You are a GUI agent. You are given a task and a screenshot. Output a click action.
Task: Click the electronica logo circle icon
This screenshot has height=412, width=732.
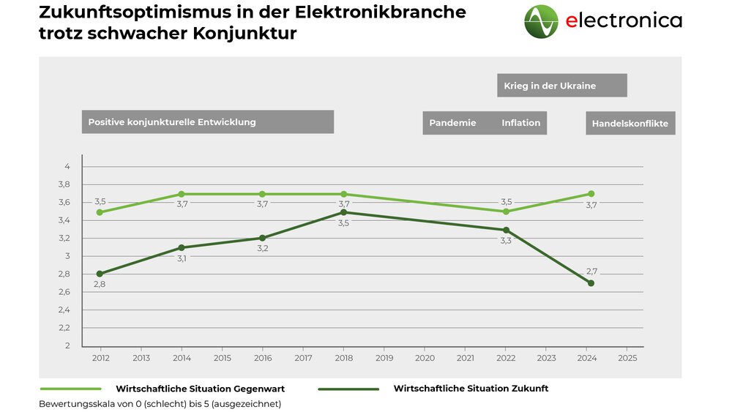tap(541, 21)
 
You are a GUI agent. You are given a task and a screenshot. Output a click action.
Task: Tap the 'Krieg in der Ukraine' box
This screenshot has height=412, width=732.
tap(561, 86)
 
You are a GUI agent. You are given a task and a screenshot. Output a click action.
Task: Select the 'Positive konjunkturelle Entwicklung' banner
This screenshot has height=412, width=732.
tap(207, 122)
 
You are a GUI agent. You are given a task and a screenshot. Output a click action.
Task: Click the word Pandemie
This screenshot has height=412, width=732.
tap(452, 123)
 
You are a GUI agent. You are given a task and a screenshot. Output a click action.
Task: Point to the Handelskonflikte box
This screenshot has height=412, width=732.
tap(630, 124)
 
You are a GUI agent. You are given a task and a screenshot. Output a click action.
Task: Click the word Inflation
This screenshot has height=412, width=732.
tap(521, 123)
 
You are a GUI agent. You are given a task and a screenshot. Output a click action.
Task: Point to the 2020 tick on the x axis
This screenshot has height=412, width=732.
tap(425, 359)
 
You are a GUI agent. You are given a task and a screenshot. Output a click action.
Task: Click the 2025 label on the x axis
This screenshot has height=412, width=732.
tap(627, 359)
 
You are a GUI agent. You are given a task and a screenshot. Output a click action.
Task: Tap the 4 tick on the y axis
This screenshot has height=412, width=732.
tap(67, 167)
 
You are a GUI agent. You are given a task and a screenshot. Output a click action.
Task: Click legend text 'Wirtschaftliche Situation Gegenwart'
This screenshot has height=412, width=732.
tap(200, 389)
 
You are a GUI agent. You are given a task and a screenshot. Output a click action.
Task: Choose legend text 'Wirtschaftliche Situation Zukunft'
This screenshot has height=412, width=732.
tap(471, 389)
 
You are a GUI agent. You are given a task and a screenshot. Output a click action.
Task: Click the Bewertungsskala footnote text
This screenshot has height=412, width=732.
tap(160, 404)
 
